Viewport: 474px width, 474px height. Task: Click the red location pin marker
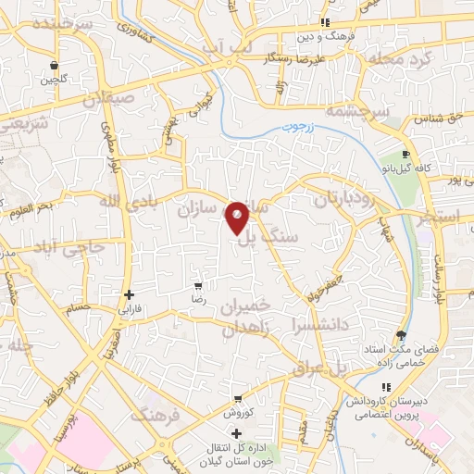[x=238, y=218]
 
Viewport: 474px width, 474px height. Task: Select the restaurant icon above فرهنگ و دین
[x=324, y=21]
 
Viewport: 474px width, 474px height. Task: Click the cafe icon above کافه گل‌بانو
[x=405, y=155]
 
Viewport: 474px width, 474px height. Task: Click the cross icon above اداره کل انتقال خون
[x=237, y=432]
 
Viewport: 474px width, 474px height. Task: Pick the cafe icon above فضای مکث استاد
[x=400, y=334]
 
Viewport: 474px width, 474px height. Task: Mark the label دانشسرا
[x=318, y=325]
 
